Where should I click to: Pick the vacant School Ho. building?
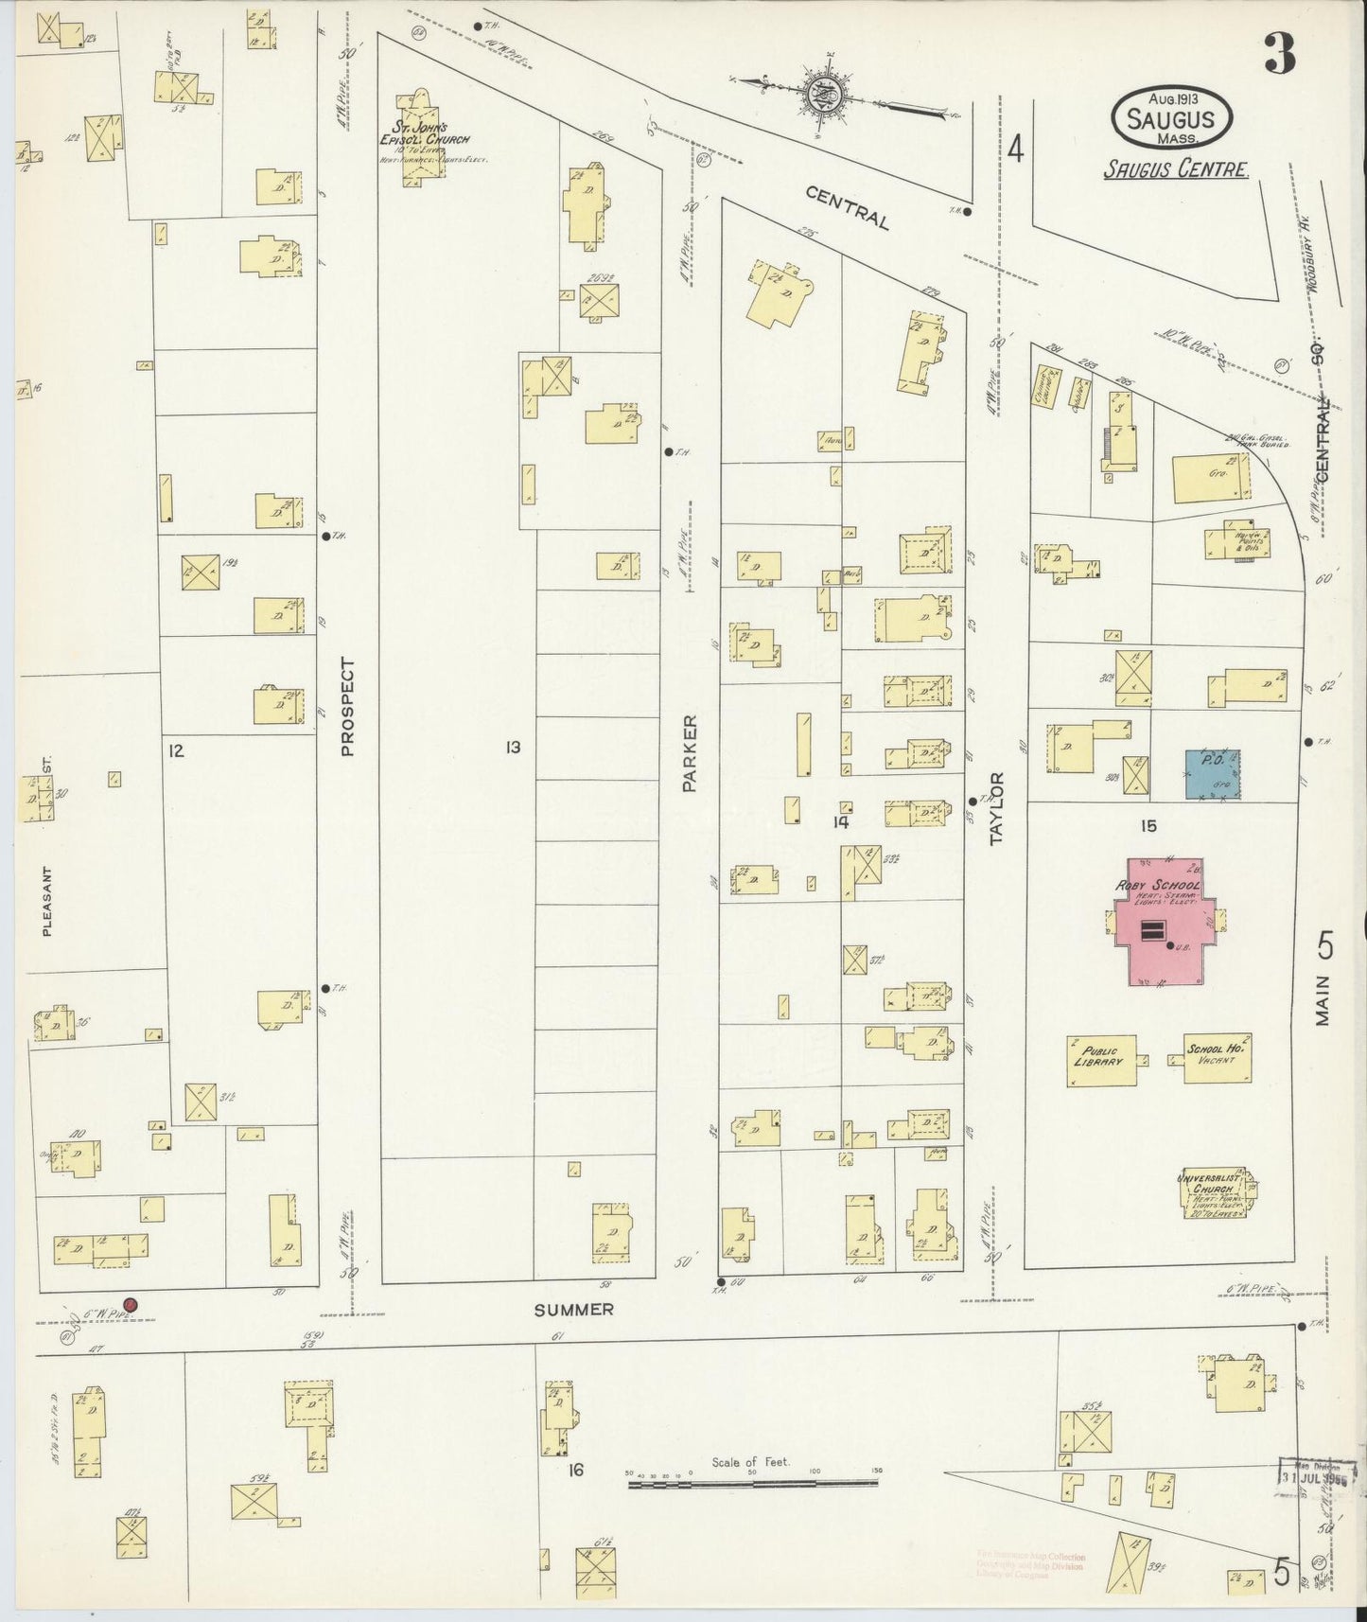pos(1218,1056)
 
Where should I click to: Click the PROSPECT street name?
pos(347,707)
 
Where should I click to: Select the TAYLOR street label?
pos(995,807)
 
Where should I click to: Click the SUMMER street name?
pos(573,1310)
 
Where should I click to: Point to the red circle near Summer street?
pos(131,1306)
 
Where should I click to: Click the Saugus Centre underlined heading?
pos(1176,169)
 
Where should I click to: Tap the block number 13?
pos(513,749)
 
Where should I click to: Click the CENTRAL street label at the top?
pos(848,207)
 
